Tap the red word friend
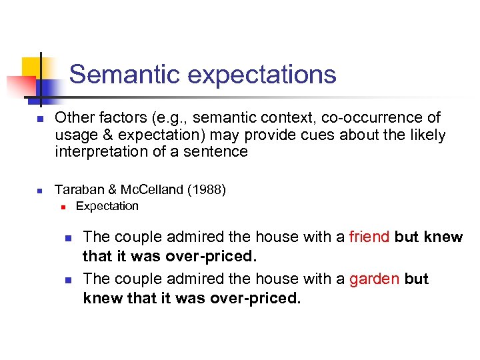click(x=369, y=237)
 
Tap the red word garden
click(x=374, y=279)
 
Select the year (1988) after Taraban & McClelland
click(x=207, y=189)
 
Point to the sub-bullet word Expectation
click(x=107, y=206)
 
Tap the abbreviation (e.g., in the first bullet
click(x=166, y=118)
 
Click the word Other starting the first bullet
click(x=72, y=118)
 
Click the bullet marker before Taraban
click(x=40, y=191)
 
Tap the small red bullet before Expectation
click(x=62, y=207)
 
